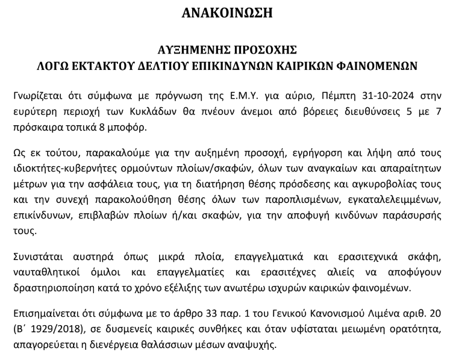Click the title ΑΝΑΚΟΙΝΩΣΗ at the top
[x=226, y=13]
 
